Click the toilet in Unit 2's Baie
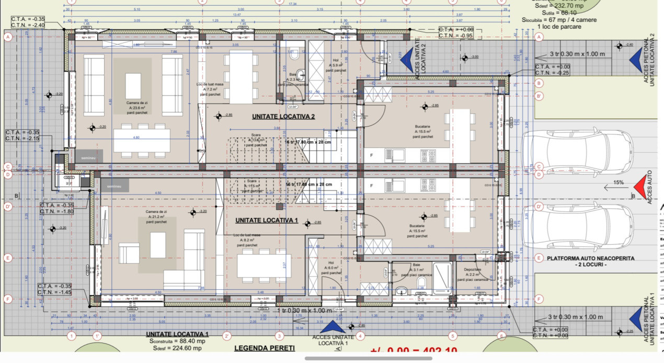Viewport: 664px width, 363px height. [293, 54]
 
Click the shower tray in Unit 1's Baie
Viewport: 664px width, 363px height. [443, 279]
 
